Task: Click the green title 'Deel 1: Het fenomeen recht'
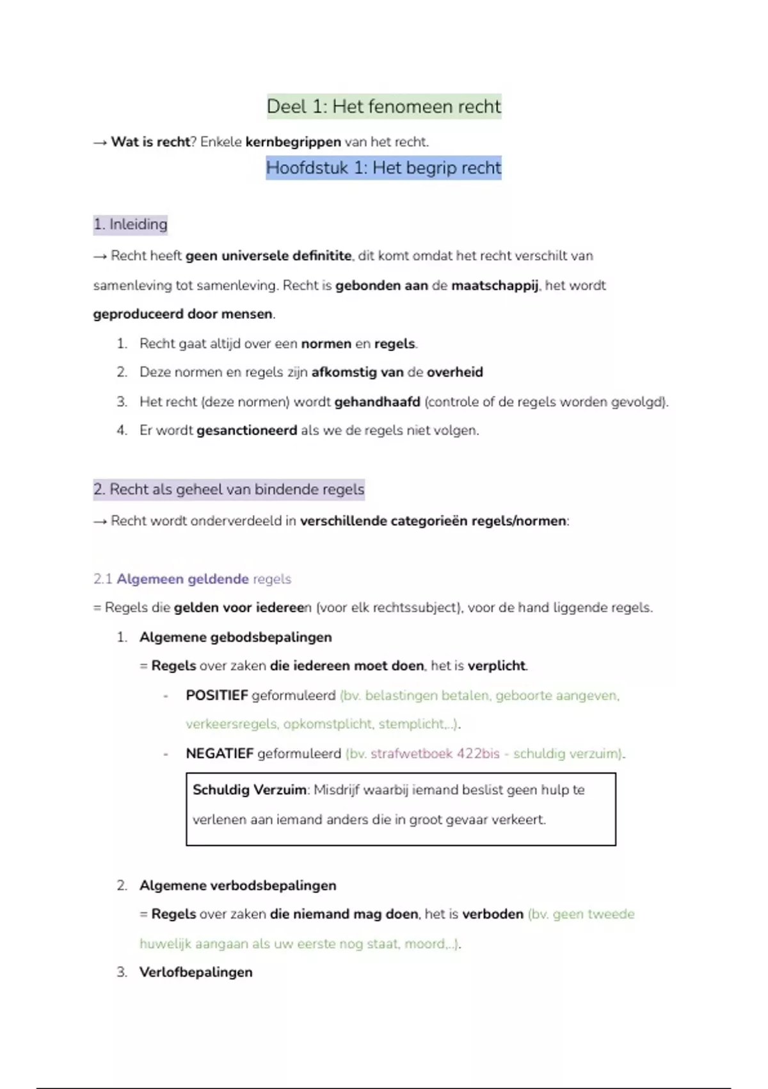384,106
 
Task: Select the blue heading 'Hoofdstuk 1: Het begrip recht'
384,168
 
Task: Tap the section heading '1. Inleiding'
131,224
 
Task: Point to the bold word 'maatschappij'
495,285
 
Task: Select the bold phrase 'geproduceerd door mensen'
183,314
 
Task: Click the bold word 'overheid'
455,372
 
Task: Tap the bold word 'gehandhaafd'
377,402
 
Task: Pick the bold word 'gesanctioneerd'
246,430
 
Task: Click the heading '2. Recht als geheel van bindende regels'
229,489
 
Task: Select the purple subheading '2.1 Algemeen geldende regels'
192,579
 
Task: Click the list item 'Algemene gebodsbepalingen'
236,637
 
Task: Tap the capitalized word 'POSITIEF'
216,695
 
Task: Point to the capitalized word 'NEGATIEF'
220,753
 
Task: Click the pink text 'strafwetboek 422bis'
435,753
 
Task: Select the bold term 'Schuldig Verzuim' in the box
249,790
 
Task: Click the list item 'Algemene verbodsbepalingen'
237,885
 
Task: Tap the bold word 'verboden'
493,914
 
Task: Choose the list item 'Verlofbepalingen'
196,972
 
